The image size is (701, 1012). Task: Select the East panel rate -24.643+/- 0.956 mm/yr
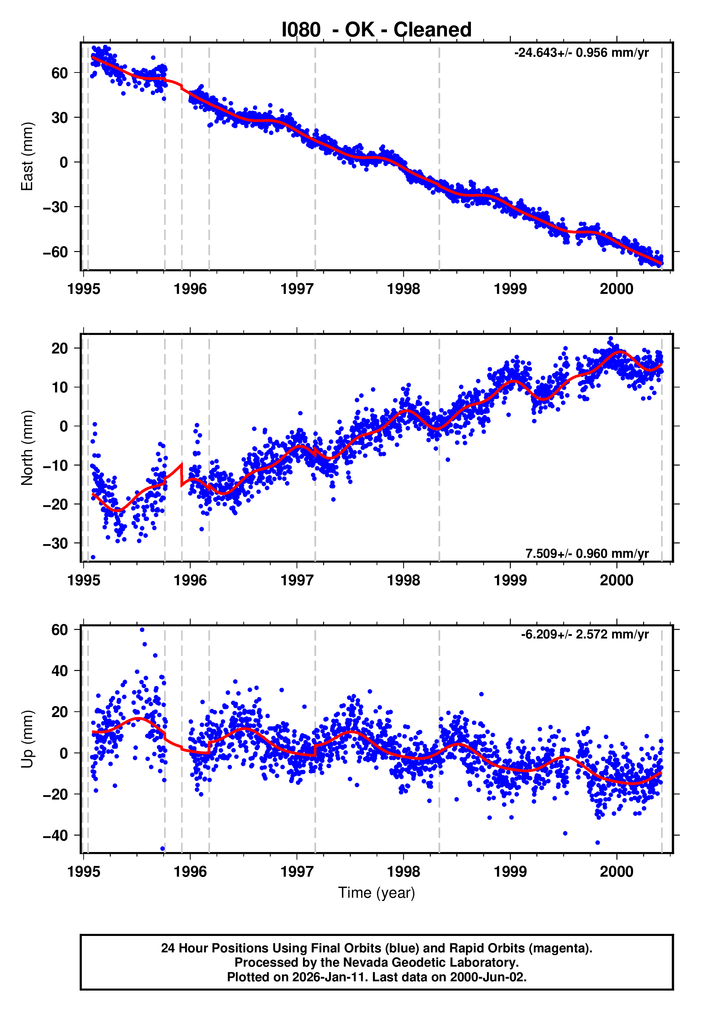click(581, 53)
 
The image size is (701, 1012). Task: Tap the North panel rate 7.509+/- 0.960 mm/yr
click(587, 553)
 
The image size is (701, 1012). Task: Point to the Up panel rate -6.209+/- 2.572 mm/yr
click(585, 634)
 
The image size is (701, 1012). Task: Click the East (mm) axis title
click(27, 156)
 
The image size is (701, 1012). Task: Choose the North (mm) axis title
click(27, 448)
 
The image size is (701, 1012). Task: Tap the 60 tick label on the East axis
click(59, 73)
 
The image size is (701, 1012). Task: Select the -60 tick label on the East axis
click(55, 252)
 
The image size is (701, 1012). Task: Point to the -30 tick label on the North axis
click(55, 543)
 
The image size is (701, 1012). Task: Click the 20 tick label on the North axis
click(59, 349)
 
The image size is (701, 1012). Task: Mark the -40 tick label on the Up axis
click(55, 835)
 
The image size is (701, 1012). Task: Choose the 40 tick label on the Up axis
click(59, 671)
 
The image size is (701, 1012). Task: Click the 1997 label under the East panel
click(297, 289)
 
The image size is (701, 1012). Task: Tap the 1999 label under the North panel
click(510, 580)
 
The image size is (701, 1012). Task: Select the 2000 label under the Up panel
click(617, 872)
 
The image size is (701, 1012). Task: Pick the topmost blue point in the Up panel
click(142, 630)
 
